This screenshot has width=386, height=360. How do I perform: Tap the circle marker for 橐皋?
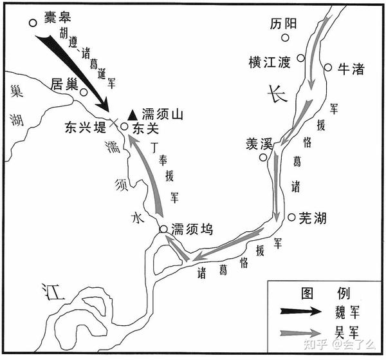tap(33, 23)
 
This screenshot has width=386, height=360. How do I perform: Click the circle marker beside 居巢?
tap(84, 92)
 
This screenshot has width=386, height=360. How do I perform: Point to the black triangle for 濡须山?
tap(132, 115)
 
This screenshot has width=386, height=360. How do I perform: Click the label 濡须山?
tap(162, 115)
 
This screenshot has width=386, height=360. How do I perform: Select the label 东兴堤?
tap(85, 128)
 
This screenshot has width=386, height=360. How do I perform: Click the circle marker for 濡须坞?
tap(163, 229)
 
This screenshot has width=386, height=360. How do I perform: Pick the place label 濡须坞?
tap(192, 229)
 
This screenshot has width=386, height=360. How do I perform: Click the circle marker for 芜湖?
tap(291, 217)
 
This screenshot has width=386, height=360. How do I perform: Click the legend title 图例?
tap(326, 294)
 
